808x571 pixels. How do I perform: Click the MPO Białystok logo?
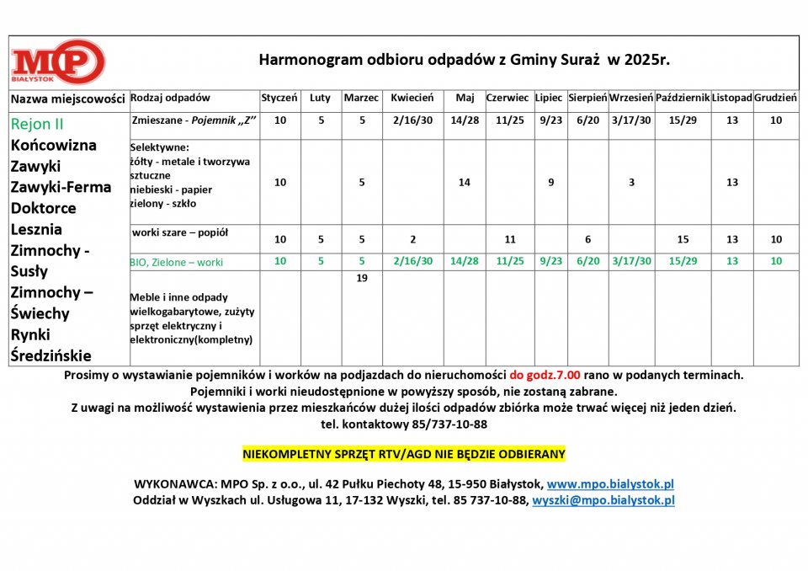(58, 61)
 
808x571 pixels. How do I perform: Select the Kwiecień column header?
(412, 99)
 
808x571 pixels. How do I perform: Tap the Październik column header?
(683, 99)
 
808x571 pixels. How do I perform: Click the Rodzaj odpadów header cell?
(171, 99)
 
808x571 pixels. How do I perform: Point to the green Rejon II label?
(37, 124)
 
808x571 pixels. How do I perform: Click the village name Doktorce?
(44, 208)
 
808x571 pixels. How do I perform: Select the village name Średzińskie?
(50, 355)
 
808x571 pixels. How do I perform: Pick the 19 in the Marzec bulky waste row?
(362, 279)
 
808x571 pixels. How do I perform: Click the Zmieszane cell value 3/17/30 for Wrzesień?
(631, 120)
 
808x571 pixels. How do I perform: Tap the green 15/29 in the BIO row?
(683, 261)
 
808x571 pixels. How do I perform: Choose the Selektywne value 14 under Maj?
(465, 182)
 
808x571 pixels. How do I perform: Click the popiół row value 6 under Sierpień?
(587, 239)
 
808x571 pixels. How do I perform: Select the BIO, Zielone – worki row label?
(177, 262)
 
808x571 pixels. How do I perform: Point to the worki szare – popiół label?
(180, 232)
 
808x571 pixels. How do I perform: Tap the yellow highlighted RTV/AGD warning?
(404, 454)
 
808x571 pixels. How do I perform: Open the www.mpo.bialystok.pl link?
(610, 484)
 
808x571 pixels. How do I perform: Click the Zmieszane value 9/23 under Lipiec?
(550, 120)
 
